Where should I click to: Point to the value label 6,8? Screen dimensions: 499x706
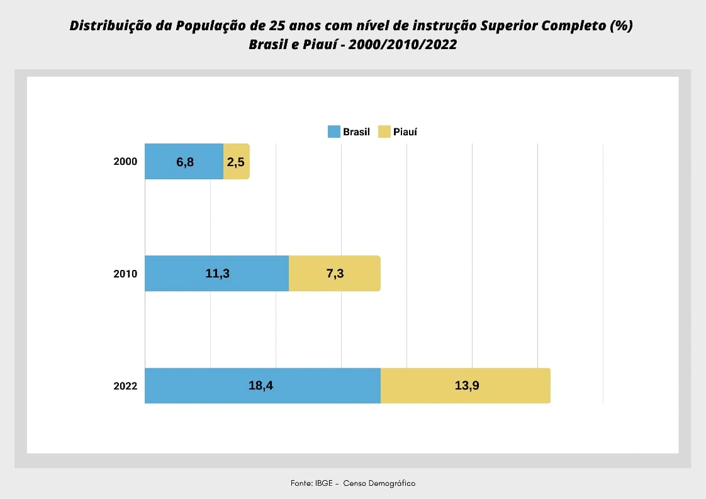185,162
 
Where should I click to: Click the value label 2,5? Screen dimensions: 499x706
235,162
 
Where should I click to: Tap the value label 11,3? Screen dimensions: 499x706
217,273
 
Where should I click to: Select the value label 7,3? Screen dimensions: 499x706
335,273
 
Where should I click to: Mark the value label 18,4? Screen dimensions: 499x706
261,385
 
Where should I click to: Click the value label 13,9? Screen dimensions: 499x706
467,385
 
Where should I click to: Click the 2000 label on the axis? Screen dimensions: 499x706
125,162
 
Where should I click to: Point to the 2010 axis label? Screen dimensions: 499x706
125,274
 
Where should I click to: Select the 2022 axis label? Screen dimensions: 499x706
125,386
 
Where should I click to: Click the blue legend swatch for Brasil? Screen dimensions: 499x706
333,132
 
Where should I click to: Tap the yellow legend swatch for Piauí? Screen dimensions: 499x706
384,132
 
